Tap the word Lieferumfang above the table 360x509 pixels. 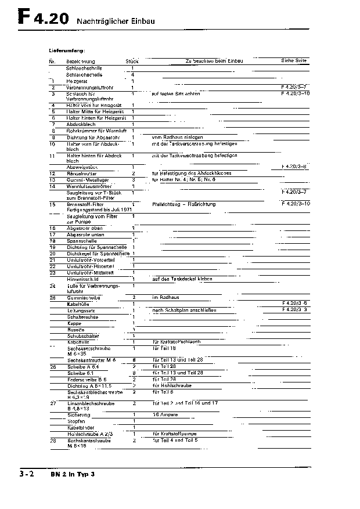click(x=67, y=51)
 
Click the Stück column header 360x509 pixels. click(x=132, y=61)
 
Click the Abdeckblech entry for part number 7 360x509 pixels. click(x=80, y=124)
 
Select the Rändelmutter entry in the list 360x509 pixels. click(x=81, y=173)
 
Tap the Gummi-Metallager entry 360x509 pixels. click(x=87, y=179)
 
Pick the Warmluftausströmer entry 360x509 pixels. click(x=88, y=186)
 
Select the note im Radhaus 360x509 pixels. click(x=165, y=297)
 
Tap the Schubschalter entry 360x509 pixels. click(x=82, y=335)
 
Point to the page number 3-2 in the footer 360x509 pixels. click(x=25, y=474)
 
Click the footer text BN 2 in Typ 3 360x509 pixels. click(x=72, y=475)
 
